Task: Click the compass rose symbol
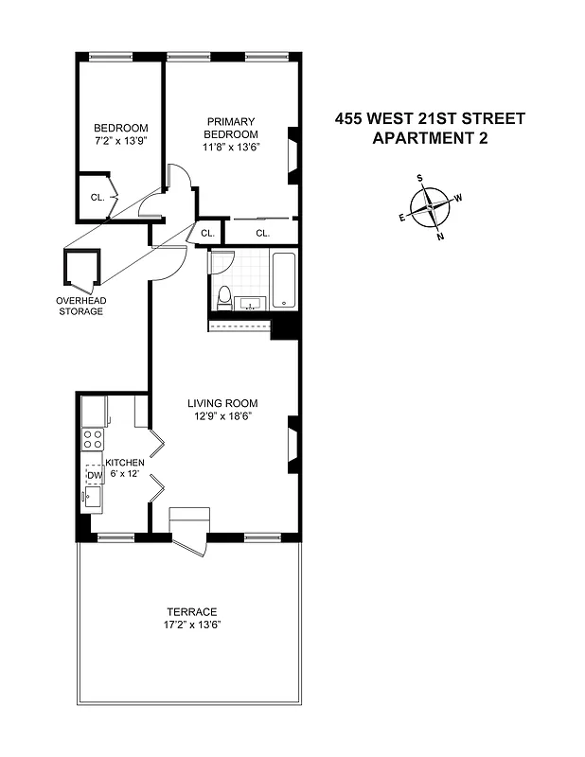[x=431, y=205]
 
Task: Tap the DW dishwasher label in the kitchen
[x=93, y=475]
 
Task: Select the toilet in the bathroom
[x=224, y=296]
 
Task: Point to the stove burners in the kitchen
[x=93, y=438]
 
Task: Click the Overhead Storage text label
[x=81, y=306]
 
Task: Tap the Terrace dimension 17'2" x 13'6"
[x=192, y=625]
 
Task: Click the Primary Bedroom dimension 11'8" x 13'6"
[x=233, y=147]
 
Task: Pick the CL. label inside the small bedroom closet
[x=97, y=198]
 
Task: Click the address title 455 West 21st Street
[x=430, y=118]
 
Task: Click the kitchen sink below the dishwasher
[x=93, y=497]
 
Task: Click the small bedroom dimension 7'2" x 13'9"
[x=120, y=140]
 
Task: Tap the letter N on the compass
[x=440, y=237]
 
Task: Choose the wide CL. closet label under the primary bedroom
[x=262, y=232]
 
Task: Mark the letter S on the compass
[x=420, y=177]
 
